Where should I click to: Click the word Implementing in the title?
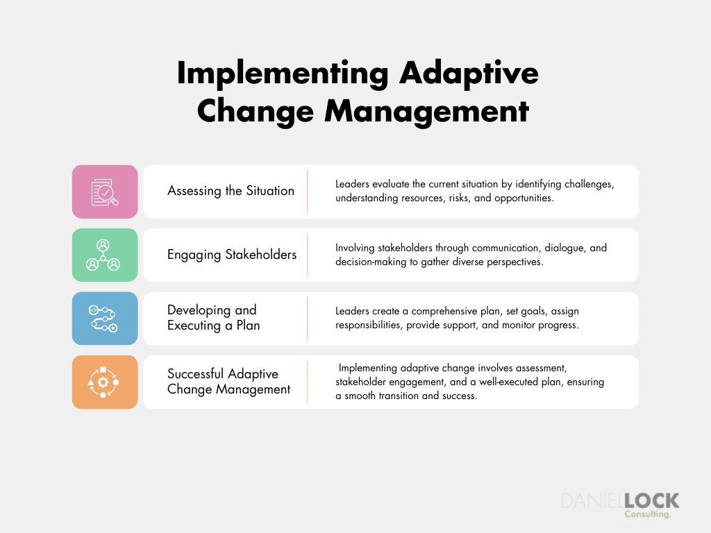pos(283,74)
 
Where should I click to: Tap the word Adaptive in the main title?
pos(469,74)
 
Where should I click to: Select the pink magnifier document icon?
pos(105,192)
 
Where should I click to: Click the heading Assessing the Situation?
pos(231,192)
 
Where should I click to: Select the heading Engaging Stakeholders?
pos(232,255)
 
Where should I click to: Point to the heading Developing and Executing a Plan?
pos(213,318)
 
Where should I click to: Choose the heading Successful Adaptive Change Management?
pos(228,382)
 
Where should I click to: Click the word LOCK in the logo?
pos(651,501)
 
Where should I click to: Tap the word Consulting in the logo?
pos(648,514)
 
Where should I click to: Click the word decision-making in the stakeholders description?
pos(371,262)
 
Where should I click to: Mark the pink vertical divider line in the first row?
pos(308,192)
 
